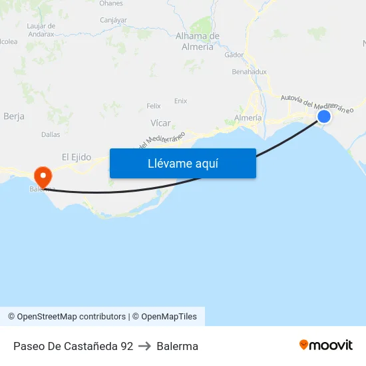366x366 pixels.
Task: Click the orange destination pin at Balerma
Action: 43,176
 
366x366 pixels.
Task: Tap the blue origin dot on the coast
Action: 324,117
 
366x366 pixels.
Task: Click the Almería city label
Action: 248,118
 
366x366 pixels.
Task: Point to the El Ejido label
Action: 76,157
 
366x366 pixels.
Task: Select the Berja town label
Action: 14,116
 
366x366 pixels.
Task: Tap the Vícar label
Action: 160,122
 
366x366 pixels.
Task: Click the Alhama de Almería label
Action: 197,41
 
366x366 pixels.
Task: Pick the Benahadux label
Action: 249,71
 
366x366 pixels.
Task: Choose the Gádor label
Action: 234,55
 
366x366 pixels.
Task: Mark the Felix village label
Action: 154,106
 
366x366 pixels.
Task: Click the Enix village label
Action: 180,101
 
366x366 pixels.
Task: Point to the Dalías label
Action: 51,134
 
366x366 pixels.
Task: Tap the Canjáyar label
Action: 113,20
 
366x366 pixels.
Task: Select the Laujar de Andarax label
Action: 40,29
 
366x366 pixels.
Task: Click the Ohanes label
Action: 111,3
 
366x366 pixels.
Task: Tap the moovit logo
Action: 326,345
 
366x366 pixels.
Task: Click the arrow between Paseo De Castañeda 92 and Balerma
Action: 145,346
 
